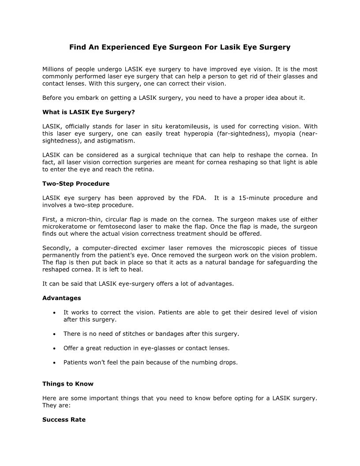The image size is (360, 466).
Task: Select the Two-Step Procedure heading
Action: [x=76, y=183]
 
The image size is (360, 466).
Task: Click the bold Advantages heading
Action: [x=62, y=298]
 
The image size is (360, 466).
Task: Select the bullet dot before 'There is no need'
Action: [x=53, y=334]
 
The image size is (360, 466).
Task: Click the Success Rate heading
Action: [x=64, y=420]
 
